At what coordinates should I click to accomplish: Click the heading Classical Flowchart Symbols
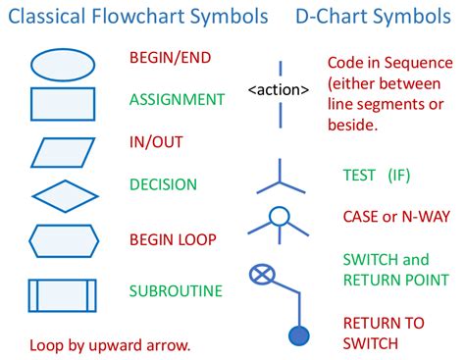tap(136, 17)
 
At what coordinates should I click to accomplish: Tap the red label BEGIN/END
tap(171, 57)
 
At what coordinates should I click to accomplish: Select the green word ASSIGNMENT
tap(177, 99)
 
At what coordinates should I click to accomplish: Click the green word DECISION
tap(163, 183)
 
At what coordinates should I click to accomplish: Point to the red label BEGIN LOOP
tap(173, 239)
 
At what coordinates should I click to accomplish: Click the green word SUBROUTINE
tap(176, 290)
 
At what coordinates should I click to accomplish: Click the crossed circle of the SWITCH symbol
tap(262, 273)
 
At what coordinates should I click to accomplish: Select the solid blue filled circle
tap(299, 334)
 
